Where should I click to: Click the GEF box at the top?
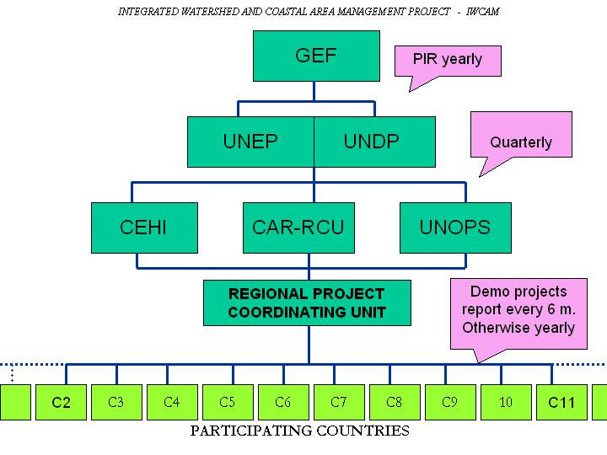pos(316,56)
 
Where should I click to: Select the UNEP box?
pos(250,142)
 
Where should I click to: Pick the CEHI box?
pos(144,227)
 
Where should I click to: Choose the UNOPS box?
pos(455,227)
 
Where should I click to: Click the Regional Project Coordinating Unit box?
pos(307,303)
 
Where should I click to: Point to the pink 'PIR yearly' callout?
pos(448,60)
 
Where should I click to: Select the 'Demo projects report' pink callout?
pos(518,309)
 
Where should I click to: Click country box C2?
pos(61,402)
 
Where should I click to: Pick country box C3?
pos(116,402)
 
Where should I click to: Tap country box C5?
pos(228,402)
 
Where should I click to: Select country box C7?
pos(339,402)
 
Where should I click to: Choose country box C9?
pos(450,402)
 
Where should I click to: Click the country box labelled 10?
pos(506,402)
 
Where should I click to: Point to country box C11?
pos(561,402)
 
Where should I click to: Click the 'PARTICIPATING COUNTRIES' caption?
pos(300,431)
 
